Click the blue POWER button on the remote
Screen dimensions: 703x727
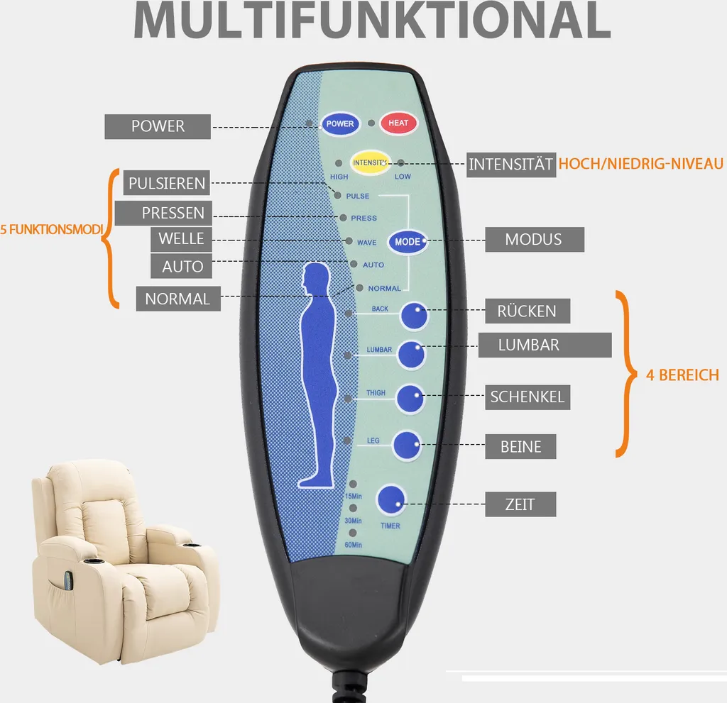pyautogui.click(x=340, y=123)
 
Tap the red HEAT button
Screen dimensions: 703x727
pyautogui.click(x=398, y=123)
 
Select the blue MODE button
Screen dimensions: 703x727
pyautogui.click(x=408, y=242)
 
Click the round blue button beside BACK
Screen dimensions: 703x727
pyautogui.click(x=414, y=315)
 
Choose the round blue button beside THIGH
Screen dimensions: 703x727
pyautogui.click(x=410, y=398)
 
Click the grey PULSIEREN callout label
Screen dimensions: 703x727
pyautogui.click(x=167, y=184)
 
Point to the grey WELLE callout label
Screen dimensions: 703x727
pyautogui.click(x=181, y=239)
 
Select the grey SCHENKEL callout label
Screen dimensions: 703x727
pyautogui.click(x=528, y=397)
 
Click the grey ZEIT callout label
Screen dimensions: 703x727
pyautogui.click(x=520, y=505)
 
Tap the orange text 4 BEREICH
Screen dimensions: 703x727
pyautogui.click(x=682, y=375)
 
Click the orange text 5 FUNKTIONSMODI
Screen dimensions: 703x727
pyautogui.click(x=52, y=230)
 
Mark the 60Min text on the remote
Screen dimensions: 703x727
pyautogui.click(x=353, y=544)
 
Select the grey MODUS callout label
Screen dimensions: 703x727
pyautogui.click(x=534, y=240)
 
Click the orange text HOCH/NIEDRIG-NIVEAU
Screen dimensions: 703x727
pyautogui.click(x=641, y=165)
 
